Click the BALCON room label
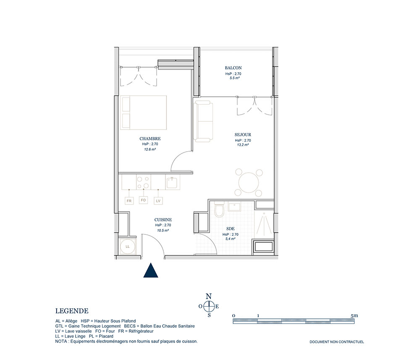coord(233,68)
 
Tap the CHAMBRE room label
coord(150,139)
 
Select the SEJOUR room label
coord(243,135)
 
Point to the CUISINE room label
coord(163,220)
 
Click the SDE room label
coord(230,229)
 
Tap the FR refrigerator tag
coord(129,201)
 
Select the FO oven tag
coord(143,200)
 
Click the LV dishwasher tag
coord(158,201)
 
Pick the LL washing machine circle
coord(128,247)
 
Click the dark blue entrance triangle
coord(151,271)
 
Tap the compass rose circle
coord(209,306)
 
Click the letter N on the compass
coord(209,296)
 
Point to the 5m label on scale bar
coord(354,315)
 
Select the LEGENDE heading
coord(72,311)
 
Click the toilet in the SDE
coord(219,210)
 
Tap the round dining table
coord(249,183)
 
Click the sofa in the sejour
coord(203,121)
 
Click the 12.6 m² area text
coord(150,150)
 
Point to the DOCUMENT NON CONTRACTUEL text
coord(337,342)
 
